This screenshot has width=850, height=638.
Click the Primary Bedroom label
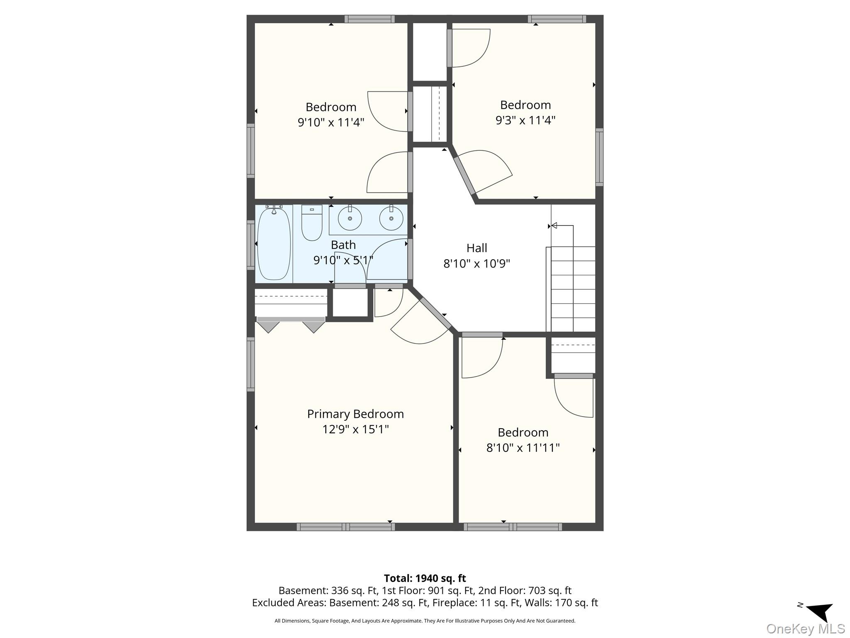click(355, 414)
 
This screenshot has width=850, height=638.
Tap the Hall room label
click(476, 248)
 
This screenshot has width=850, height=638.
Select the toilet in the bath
click(312, 223)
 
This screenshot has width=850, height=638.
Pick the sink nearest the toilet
click(350, 218)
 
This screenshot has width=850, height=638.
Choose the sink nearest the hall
click(391, 218)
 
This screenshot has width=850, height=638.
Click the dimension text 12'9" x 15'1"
click(355, 429)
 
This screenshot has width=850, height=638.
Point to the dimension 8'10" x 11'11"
click(523, 448)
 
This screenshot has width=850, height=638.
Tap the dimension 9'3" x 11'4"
click(525, 120)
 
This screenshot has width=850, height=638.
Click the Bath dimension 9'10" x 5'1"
click(343, 260)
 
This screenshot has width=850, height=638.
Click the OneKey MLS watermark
click(806, 628)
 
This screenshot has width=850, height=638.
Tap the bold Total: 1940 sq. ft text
click(425, 578)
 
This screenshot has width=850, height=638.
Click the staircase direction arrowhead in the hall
click(554, 226)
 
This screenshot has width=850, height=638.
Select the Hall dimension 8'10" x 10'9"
click(476, 263)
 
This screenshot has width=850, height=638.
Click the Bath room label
click(343, 245)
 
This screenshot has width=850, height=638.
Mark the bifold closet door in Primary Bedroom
click(291, 324)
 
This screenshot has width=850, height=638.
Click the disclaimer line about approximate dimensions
click(425, 621)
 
